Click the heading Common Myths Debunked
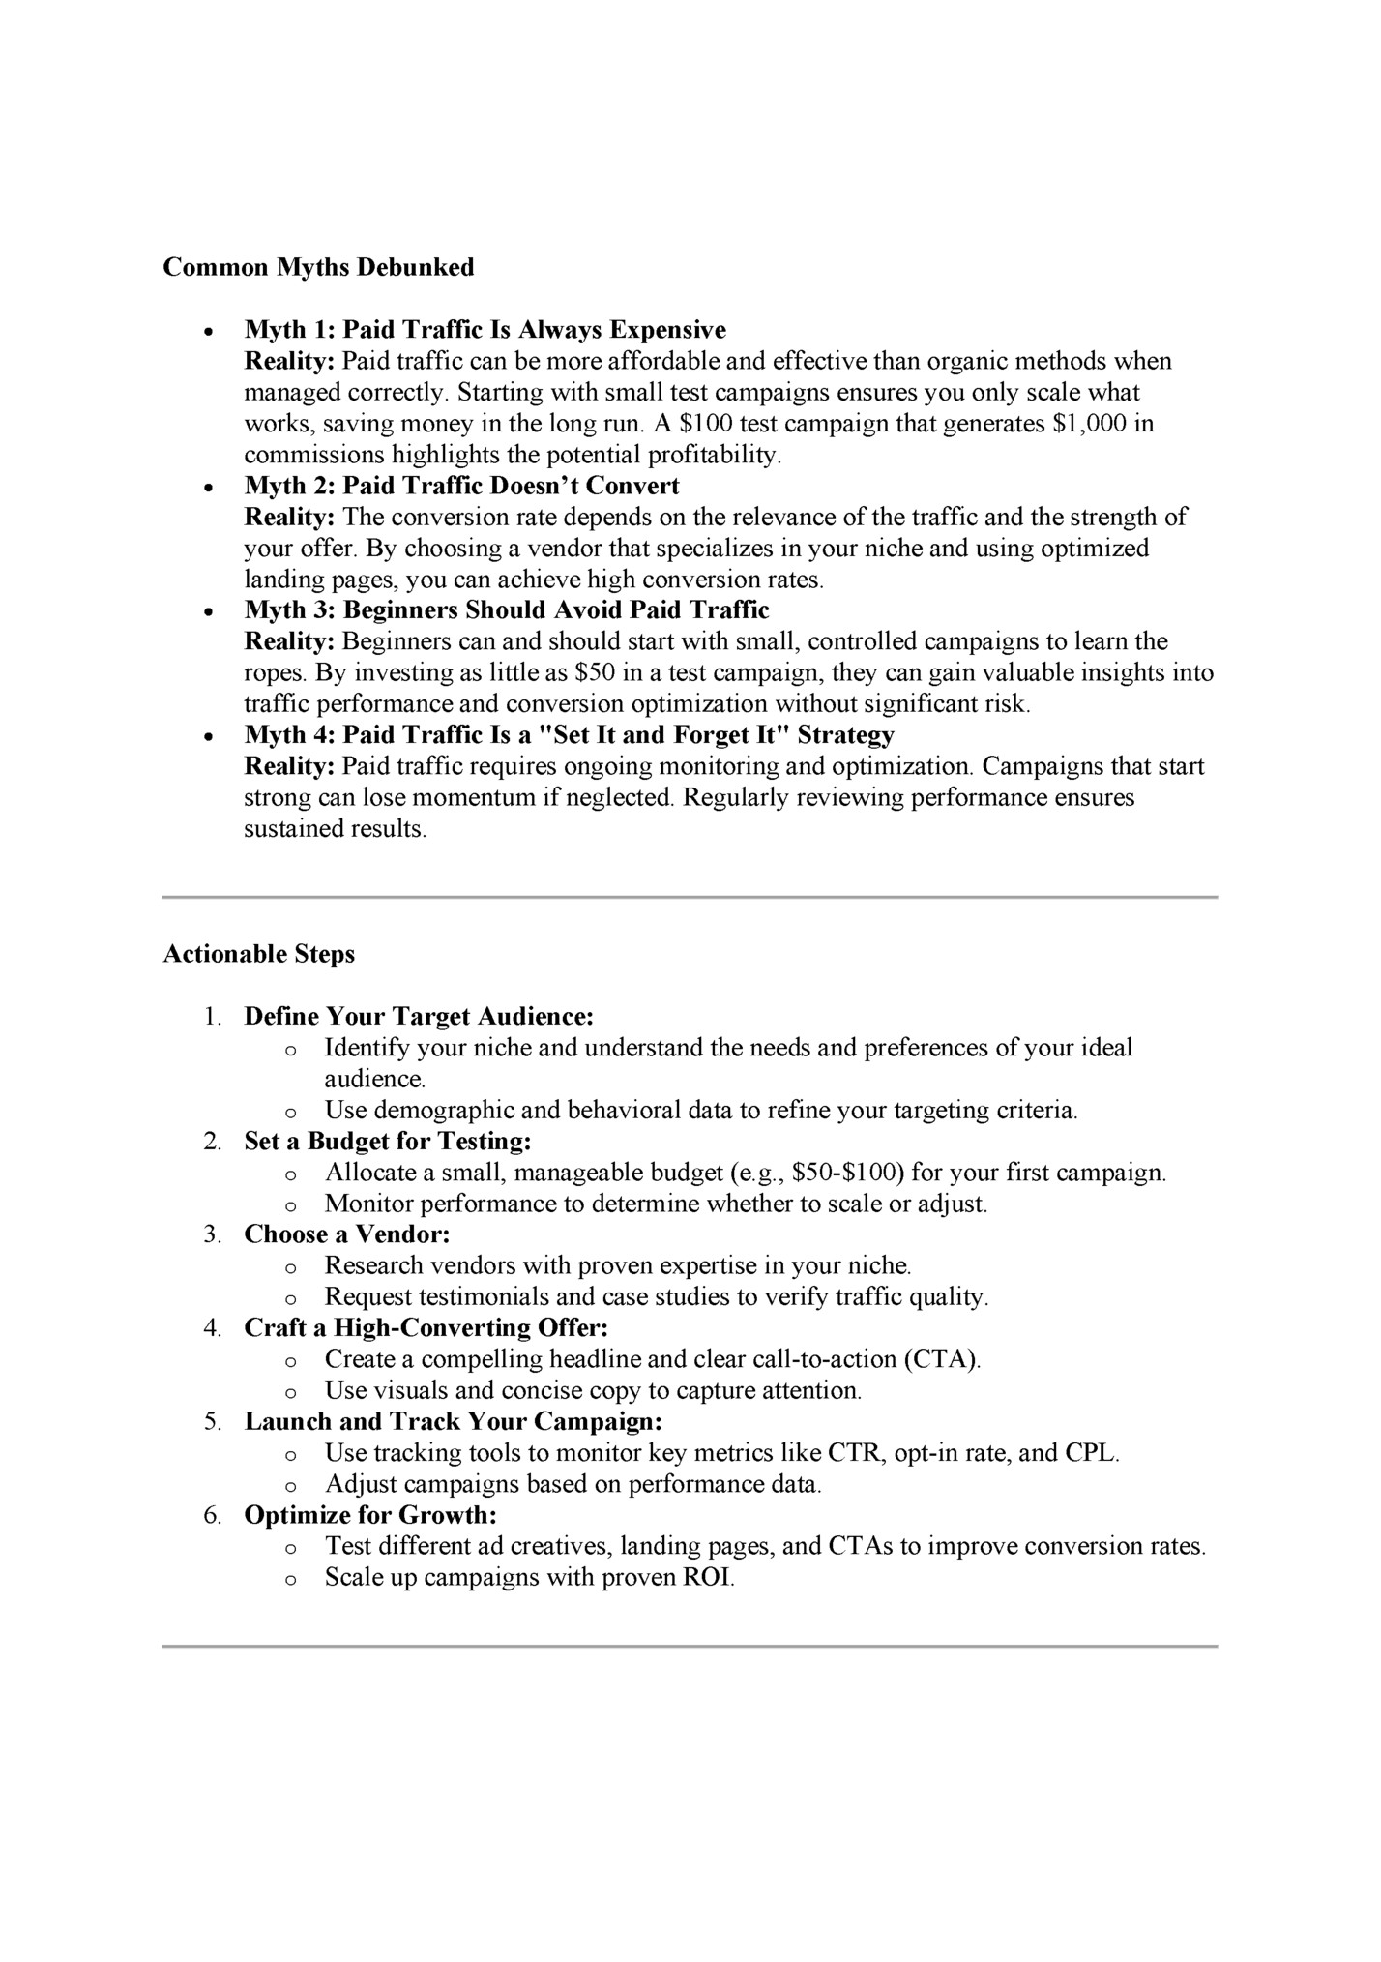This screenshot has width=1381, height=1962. (x=318, y=267)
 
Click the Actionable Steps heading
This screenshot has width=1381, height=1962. (x=258, y=954)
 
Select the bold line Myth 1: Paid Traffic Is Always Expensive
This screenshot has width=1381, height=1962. (x=485, y=330)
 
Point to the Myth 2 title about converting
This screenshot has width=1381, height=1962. (x=461, y=486)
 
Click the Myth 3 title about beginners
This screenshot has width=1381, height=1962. (x=507, y=610)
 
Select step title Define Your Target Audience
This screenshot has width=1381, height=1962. (x=418, y=1017)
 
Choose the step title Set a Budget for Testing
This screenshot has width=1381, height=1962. (x=388, y=1142)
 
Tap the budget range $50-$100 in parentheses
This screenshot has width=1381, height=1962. (x=847, y=1174)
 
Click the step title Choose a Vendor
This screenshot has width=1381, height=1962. (x=347, y=1234)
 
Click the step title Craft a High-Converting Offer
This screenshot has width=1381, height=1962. (x=426, y=1328)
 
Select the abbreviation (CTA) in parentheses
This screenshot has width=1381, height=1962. (x=942, y=1359)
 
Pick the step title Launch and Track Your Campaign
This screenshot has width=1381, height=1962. (x=453, y=1422)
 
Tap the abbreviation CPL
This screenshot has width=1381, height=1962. (x=1090, y=1453)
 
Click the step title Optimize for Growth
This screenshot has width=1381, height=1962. (x=369, y=1515)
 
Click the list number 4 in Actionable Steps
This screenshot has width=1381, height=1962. (x=212, y=1328)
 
